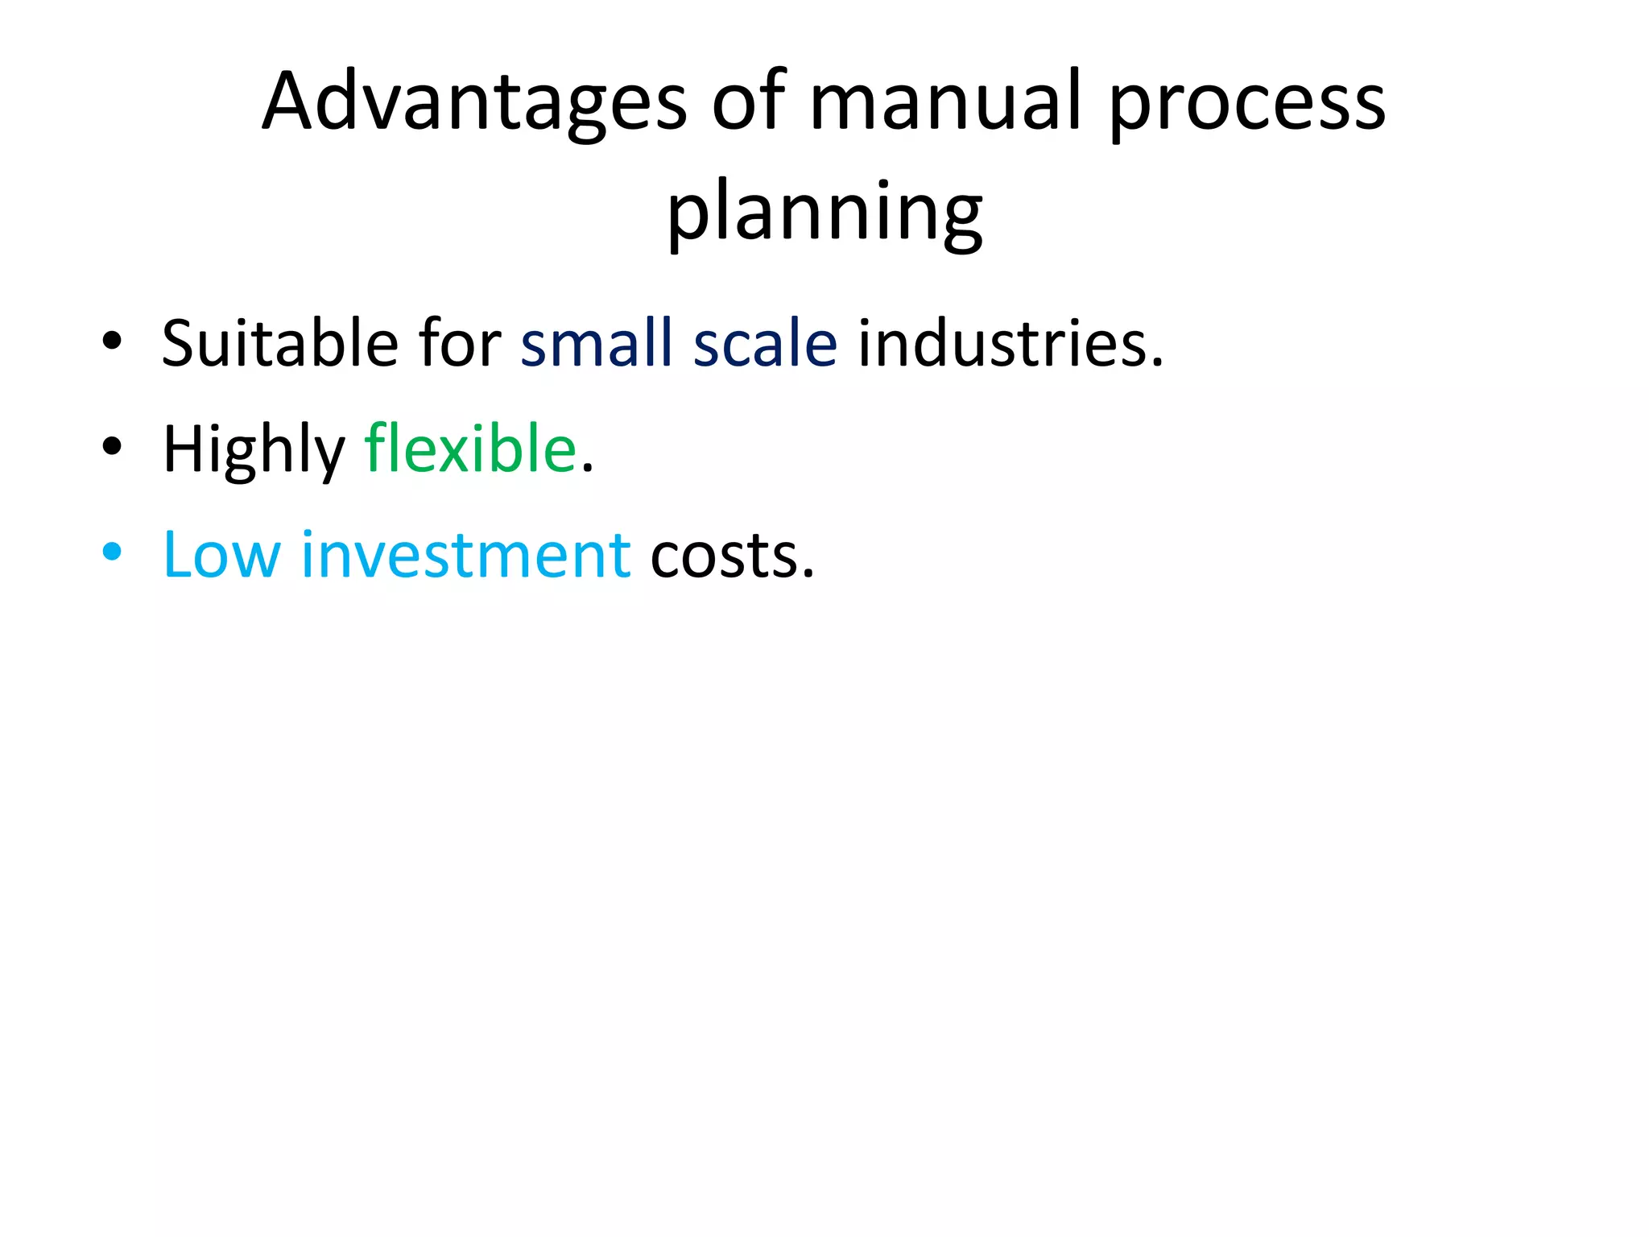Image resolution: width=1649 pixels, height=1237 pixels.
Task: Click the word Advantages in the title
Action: pos(474,102)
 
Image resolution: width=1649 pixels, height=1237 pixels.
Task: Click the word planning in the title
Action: pos(824,213)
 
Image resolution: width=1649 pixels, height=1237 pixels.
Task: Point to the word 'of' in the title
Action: pos(748,102)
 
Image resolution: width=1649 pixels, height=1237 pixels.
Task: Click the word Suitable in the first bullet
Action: pos(279,343)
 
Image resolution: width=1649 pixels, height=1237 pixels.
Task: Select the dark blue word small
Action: pos(596,343)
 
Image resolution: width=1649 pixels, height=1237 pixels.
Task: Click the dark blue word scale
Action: pos(765,343)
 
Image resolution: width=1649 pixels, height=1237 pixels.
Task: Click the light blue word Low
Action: pos(221,555)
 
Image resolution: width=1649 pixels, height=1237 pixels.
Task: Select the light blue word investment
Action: pos(465,555)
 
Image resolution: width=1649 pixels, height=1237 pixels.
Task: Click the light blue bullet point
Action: pos(112,552)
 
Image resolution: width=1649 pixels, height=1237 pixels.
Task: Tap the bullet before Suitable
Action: pos(112,341)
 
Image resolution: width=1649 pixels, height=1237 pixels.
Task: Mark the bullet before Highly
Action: pos(112,446)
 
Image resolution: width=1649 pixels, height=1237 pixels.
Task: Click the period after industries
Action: pos(1157,364)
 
